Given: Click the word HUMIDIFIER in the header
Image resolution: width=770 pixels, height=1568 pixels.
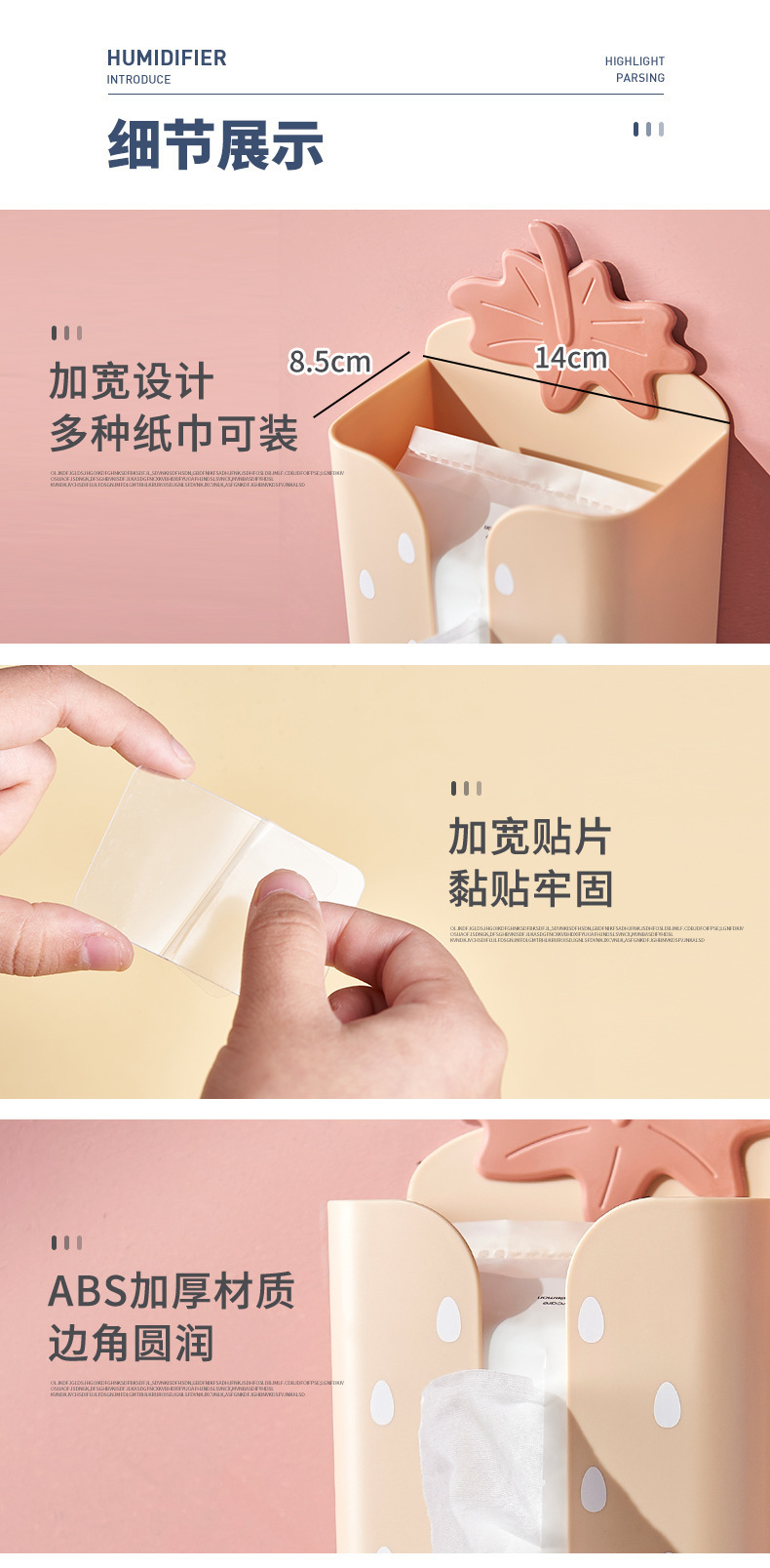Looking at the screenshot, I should click(x=167, y=59).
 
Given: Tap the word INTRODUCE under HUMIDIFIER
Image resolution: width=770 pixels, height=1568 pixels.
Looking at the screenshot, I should click(x=138, y=80).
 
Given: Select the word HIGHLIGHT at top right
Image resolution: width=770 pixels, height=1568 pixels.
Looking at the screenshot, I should click(x=635, y=61).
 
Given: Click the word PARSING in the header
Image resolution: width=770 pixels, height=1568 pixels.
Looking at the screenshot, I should click(x=640, y=78).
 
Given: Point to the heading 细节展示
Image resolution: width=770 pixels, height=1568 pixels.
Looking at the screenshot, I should click(x=215, y=145).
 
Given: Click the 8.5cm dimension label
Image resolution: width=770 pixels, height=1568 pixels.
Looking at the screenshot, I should click(x=329, y=362).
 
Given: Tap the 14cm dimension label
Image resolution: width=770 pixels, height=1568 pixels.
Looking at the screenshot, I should click(x=570, y=358).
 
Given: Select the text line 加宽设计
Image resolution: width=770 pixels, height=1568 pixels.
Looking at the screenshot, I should click(x=132, y=381).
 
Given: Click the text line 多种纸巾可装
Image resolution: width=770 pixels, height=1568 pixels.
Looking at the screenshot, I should click(x=173, y=434).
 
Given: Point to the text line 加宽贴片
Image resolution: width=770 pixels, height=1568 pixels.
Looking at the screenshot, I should click(x=529, y=837).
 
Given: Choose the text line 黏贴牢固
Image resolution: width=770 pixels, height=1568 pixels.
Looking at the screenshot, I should click(x=530, y=889).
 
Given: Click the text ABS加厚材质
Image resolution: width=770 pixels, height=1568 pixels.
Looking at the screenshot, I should click(x=172, y=1291).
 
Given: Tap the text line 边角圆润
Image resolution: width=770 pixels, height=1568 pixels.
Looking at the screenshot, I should click(x=132, y=1344).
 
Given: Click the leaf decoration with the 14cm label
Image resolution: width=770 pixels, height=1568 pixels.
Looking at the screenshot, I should click(x=575, y=312).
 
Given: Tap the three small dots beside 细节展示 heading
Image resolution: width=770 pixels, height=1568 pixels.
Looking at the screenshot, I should click(x=648, y=129).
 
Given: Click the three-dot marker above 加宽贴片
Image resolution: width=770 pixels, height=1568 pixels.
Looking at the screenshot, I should click(x=466, y=788).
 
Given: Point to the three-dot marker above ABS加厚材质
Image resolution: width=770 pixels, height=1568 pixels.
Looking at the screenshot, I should click(x=66, y=1242).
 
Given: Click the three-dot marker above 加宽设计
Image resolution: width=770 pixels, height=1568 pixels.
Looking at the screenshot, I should click(x=66, y=333).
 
